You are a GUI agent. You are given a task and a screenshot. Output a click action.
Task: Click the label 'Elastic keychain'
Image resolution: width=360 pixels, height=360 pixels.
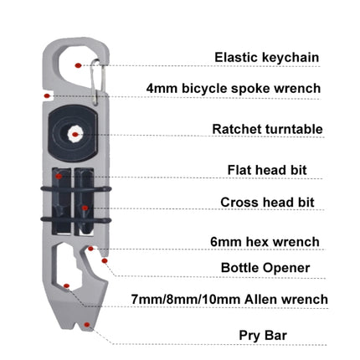[x=266, y=58]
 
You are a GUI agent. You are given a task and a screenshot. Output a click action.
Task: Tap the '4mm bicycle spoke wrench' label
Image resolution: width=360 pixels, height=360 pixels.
[x=234, y=89]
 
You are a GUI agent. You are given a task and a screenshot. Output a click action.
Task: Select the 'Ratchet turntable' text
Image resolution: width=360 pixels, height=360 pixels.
[x=267, y=129]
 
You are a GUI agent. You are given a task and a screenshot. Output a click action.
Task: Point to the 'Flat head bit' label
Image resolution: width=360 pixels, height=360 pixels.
[x=267, y=170]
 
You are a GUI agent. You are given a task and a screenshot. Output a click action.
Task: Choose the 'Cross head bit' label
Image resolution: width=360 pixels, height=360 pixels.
[x=267, y=203]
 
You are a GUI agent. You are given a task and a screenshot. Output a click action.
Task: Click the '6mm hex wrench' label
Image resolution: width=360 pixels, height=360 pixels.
[x=265, y=242]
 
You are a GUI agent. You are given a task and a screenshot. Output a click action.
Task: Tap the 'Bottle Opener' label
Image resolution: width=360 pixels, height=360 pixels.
[x=265, y=268]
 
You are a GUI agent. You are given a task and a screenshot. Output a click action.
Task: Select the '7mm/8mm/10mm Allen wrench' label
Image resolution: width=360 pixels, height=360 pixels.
[x=229, y=300]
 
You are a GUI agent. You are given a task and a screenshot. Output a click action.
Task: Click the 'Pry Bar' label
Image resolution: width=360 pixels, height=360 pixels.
[x=263, y=335]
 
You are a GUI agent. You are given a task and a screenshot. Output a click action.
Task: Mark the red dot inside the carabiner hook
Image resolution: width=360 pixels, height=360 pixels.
[x=78, y=65]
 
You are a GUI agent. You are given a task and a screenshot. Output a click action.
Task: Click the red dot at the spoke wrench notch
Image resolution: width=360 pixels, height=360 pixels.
[x=47, y=96]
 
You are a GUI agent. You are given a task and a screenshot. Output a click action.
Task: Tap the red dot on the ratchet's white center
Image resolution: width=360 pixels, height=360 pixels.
[x=75, y=134]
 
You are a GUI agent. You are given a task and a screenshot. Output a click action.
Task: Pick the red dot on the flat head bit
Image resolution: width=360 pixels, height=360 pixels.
[x=59, y=176]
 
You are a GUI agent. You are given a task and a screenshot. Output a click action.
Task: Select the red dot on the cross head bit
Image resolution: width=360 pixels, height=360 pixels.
[x=85, y=208]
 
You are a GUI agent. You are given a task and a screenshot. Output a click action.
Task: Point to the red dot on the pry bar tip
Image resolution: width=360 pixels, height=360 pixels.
[x=87, y=324]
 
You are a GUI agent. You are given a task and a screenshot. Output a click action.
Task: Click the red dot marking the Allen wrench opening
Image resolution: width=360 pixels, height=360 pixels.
[x=66, y=285]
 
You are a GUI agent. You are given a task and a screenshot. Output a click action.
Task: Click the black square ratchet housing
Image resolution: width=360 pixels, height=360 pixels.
[x=73, y=133]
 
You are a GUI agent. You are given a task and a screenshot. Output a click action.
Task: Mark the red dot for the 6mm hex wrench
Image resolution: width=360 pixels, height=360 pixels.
[x=90, y=249]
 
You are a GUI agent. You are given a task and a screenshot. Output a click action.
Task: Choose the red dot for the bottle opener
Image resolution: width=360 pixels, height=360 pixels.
[x=105, y=260]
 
